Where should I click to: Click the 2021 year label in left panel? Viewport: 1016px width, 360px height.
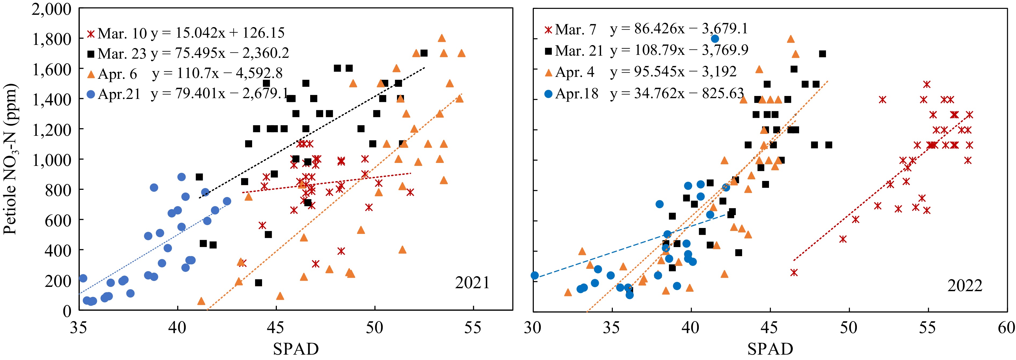472,283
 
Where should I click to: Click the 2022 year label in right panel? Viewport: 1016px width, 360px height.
964,286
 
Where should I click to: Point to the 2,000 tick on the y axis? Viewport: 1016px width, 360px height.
52,9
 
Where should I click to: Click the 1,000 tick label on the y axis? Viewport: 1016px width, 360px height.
52,160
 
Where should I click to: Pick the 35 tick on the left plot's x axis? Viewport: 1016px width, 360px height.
79,327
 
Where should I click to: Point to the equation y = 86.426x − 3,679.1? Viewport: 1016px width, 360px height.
679,29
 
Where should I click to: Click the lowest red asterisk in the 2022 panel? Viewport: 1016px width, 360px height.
794,272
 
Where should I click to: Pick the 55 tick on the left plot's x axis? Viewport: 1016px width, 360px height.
473,327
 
